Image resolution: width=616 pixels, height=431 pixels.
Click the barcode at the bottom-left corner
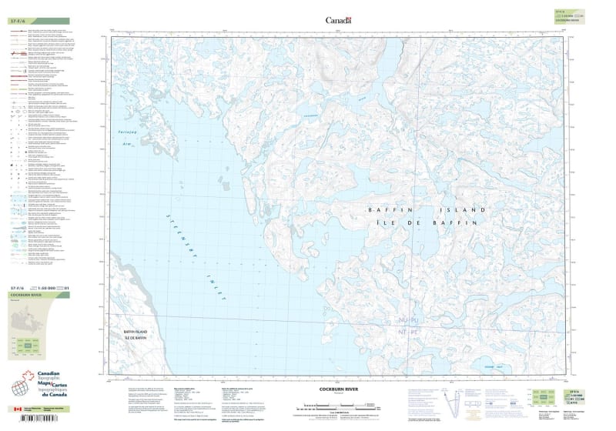38,420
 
